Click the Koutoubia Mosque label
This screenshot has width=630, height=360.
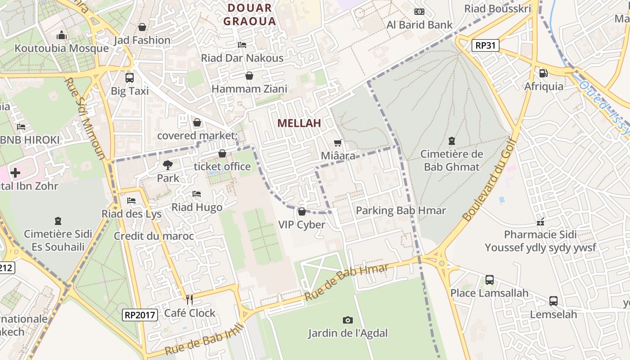click(62, 48)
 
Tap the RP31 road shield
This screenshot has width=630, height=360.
click(486, 45)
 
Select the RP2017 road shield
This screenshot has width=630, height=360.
click(140, 315)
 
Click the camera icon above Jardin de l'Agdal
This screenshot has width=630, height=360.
click(347, 320)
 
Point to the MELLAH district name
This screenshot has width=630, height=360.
click(299, 123)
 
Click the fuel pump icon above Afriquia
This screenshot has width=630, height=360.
click(544, 73)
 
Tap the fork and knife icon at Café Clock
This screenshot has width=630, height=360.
click(189, 299)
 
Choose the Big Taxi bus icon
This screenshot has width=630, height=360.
click(130, 77)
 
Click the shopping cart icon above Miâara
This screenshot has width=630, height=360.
click(338, 143)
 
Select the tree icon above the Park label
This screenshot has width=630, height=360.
click(168, 165)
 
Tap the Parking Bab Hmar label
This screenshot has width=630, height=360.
click(400, 210)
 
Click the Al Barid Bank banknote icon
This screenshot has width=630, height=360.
click(419, 12)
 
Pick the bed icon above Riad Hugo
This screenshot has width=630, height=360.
click(197, 194)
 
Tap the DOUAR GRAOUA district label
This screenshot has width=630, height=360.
click(249, 14)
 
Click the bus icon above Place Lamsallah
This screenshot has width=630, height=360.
click(490, 280)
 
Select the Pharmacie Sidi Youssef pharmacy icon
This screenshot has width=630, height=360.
click(540, 221)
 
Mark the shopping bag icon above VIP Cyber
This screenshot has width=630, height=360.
click(301, 211)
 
